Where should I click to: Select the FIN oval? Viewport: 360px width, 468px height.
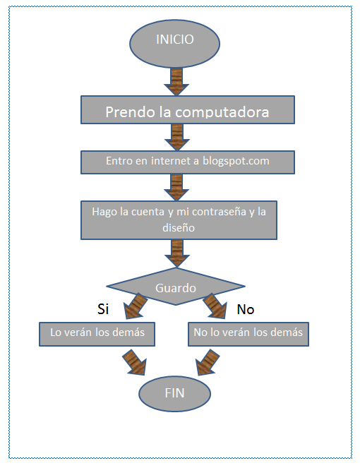tap(174, 392)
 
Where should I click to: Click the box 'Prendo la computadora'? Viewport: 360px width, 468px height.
tap(187, 112)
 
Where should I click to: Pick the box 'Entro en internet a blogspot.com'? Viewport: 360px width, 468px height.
tap(187, 161)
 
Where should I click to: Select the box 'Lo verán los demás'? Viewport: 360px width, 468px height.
tap(96, 333)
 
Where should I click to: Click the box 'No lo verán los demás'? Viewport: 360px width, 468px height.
tap(248, 333)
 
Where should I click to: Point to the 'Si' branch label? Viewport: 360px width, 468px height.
tap(104, 309)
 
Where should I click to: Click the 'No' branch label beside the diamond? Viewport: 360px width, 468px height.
tap(245, 309)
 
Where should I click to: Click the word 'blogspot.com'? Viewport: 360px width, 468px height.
tap(236, 161)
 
